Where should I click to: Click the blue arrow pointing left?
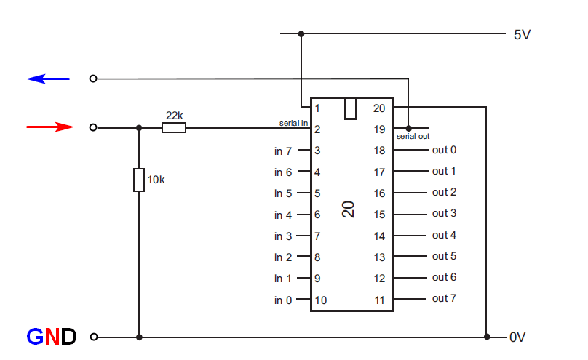[x=48, y=79]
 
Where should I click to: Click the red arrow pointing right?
[x=50, y=127]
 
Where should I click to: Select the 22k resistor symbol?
[x=174, y=128]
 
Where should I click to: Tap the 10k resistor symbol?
[x=139, y=180]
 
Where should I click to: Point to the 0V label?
[x=517, y=337]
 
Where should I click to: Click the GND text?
[x=51, y=337]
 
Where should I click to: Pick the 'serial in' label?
[x=294, y=123]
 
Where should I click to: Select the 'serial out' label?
[x=413, y=136]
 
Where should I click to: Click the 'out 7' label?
[x=444, y=298]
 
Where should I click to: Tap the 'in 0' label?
[x=283, y=300]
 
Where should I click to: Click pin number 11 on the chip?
[x=379, y=299]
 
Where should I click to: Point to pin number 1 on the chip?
[x=318, y=108]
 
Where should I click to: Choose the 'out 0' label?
[x=444, y=151]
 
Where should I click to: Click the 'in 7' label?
[x=283, y=151]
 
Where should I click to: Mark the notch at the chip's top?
[x=351, y=108]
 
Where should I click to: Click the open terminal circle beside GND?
[x=93, y=337]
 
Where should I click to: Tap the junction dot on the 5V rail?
[x=301, y=33]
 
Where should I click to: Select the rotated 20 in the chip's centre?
[x=350, y=210]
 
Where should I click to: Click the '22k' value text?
[x=174, y=116]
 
